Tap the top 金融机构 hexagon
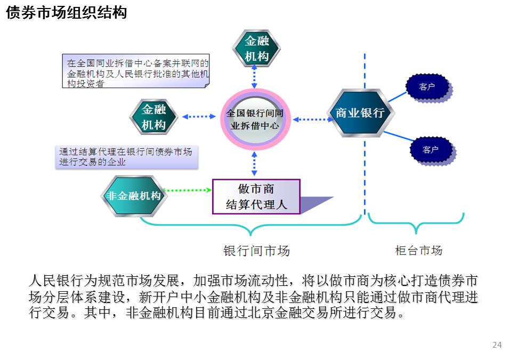click(x=256, y=49)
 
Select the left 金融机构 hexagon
click(x=153, y=117)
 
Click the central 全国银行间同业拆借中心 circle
click(x=255, y=119)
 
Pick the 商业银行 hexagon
click(x=360, y=113)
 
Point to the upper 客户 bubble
click(x=427, y=87)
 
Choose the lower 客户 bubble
click(x=431, y=150)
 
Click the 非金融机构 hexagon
click(x=134, y=196)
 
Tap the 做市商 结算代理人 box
click(x=256, y=196)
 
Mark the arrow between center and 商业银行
click(x=312, y=119)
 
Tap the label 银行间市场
click(x=256, y=251)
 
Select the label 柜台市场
click(x=418, y=250)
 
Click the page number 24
click(x=497, y=345)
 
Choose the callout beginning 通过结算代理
click(x=125, y=157)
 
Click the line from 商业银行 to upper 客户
click(x=397, y=97)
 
